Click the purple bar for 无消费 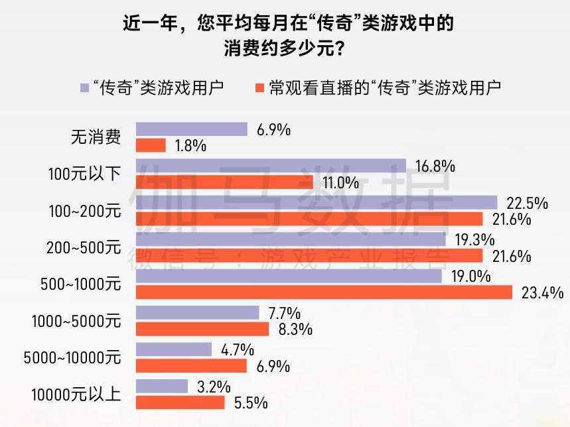tap(191, 129)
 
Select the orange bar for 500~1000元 tap(324, 292)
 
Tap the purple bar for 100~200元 tap(317, 202)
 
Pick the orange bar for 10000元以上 tap(180, 402)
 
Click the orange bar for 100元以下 tap(224, 182)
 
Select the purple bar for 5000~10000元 tap(173, 349)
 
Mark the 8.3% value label tap(295, 330)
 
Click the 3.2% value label tap(214, 386)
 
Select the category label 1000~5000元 tap(76, 321)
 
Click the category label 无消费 tap(96, 137)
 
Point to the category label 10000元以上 tap(76, 395)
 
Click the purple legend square tap(84, 87)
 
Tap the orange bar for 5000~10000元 tap(191, 365)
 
